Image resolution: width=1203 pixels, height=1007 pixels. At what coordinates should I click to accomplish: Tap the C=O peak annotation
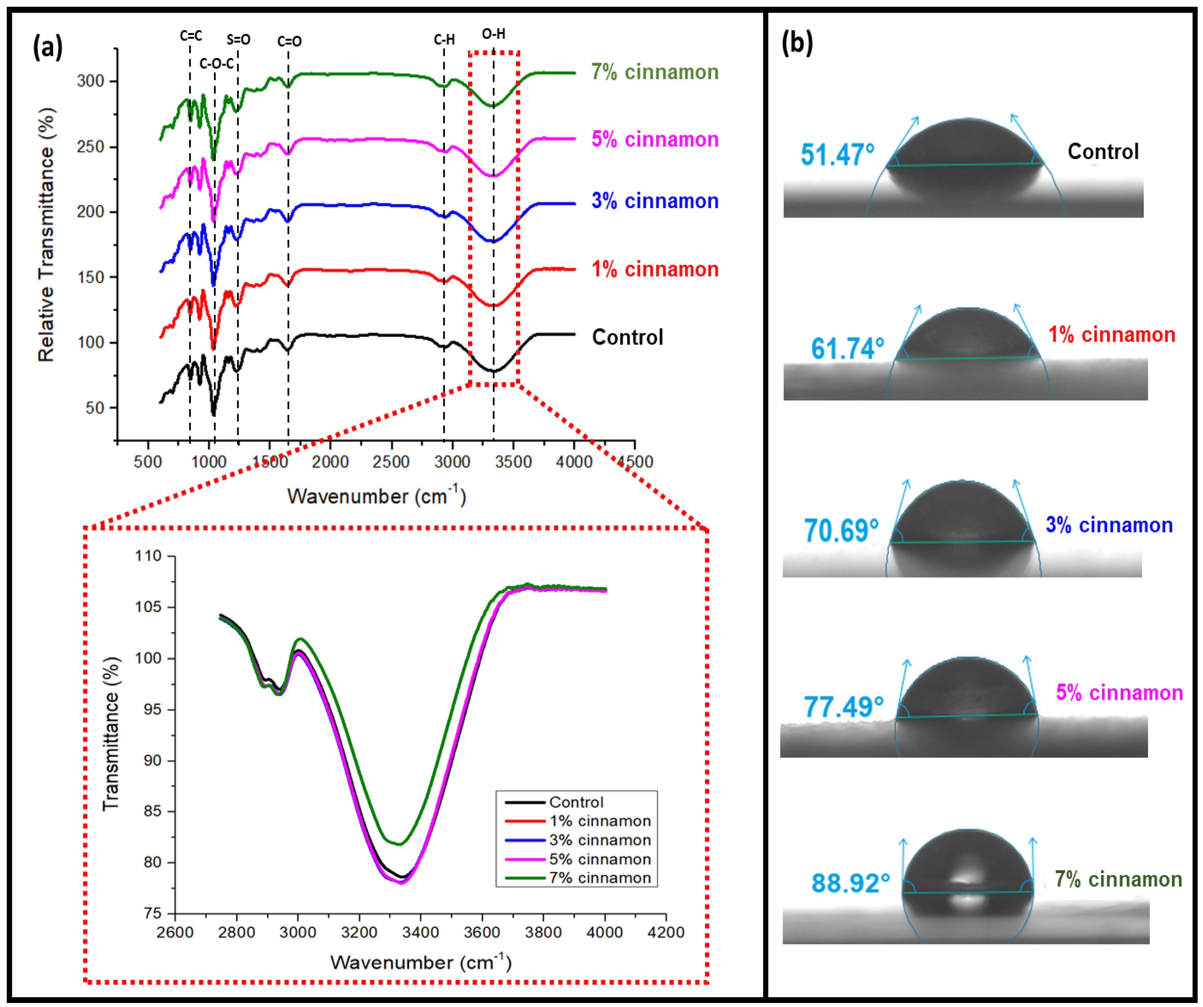pos(289,41)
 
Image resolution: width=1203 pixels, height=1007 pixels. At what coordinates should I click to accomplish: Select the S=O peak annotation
pos(238,40)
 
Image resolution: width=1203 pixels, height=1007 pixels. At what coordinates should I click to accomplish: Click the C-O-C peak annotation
pos(217,64)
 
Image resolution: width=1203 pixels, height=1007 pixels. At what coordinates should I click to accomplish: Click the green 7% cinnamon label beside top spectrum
pos(655,72)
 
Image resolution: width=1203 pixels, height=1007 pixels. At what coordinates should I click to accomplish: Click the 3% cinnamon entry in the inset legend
pos(599,840)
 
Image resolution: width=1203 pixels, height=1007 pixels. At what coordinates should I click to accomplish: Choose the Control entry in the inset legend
pos(576,802)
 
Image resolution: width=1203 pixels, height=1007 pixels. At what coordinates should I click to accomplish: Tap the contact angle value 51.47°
pos(838,155)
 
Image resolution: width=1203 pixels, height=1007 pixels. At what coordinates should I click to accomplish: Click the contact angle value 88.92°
pos(851,883)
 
